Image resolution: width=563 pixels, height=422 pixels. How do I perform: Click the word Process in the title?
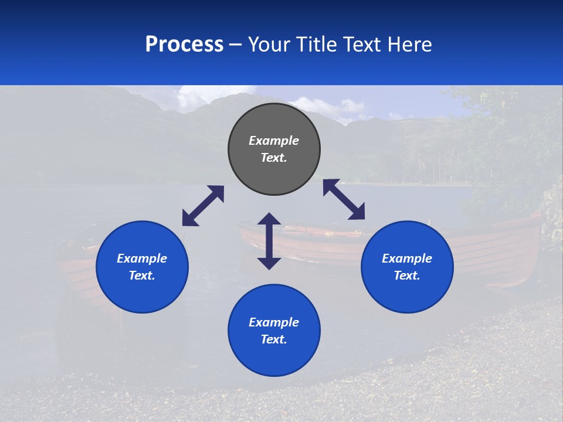click(x=184, y=45)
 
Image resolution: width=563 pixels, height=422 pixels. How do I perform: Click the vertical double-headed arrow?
click(x=269, y=241)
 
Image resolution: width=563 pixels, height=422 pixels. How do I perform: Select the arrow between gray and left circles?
click(x=203, y=206)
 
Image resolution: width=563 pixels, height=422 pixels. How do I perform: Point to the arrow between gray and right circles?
click(x=344, y=199)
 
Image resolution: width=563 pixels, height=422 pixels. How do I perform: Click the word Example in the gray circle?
click(x=274, y=141)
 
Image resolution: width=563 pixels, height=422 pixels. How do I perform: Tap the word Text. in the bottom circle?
click(x=274, y=339)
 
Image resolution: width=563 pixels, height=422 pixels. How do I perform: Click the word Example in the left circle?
click(x=142, y=258)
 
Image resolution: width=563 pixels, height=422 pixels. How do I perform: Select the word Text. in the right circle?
click(x=407, y=275)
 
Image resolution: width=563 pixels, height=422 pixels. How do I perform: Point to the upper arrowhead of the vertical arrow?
click(x=269, y=219)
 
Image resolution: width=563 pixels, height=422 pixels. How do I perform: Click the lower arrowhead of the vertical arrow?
click(x=269, y=263)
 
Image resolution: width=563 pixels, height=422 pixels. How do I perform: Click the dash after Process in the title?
click(x=236, y=45)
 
